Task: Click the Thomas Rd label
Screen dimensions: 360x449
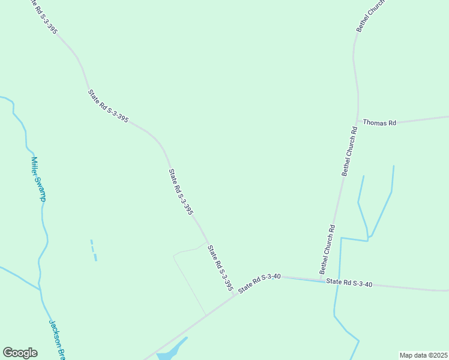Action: pyautogui.click(x=380, y=123)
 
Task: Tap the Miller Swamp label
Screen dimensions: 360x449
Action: pyautogui.click(x=39, y=179)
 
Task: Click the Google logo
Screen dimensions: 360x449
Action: pyautogui.click(x=20, y=353)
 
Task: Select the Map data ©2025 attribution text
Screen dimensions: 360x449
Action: pyautogui.click(x=423, y=355)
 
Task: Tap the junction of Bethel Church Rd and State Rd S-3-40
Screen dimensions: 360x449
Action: pyautogui.click(x=319, y=280)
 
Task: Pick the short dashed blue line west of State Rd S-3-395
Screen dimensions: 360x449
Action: pyautogui.click(x=94, y=250)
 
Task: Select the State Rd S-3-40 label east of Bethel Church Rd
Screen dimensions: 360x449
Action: pyautogui.click(x=349, y=283)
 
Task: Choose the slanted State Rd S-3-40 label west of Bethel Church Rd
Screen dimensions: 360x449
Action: pyautogui.click(x=259, y=283)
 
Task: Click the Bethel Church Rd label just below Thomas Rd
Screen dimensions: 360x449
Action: pyautogui.click(x=349, y=151)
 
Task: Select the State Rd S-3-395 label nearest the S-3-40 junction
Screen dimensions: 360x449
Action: pyautogui.click(x=220, y=268)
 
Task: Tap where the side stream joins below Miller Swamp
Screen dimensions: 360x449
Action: pyautogui.click(x=40, y=289)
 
